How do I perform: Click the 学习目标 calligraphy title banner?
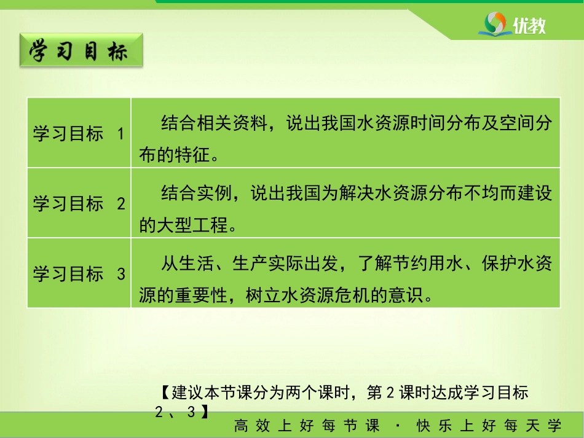[x=81, y=50]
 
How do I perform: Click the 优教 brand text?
[x=529, y=26]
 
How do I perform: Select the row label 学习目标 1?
[x=79, y=133]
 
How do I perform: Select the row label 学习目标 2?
[x=79, y=203]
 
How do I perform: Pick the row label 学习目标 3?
[x=79, y=273]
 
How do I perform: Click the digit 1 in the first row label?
[x=120, y=134]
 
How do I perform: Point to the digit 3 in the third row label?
[x=121, y=274]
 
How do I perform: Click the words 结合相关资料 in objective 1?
[x=214, y=123]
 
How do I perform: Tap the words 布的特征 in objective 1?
[x=175, y=155]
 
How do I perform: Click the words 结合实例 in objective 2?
[x=196, y=193]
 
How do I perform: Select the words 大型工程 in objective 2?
[x=192, y=225]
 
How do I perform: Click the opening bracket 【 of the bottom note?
[x=166, y=392]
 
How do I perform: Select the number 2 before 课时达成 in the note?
[x=390, y=393]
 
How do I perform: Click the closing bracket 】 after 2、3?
[x=205, y=412]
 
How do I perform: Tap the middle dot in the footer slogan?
[x=398, y=425]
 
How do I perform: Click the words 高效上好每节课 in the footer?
[x=307, y=425]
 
